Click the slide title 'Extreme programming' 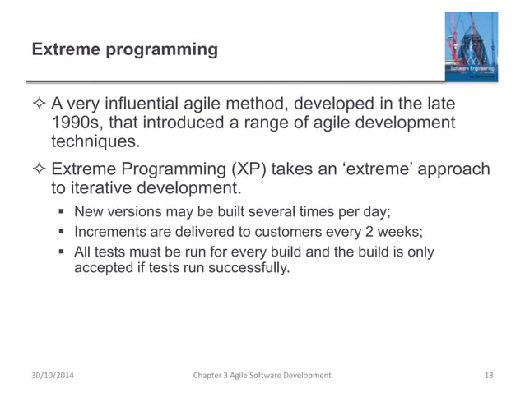point(124,51)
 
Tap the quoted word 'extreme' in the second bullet point(379,169)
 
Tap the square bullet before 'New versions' point(63,212)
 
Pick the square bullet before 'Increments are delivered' point(63,232)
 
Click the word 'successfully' point(250,269)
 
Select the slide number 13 point(489,375)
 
